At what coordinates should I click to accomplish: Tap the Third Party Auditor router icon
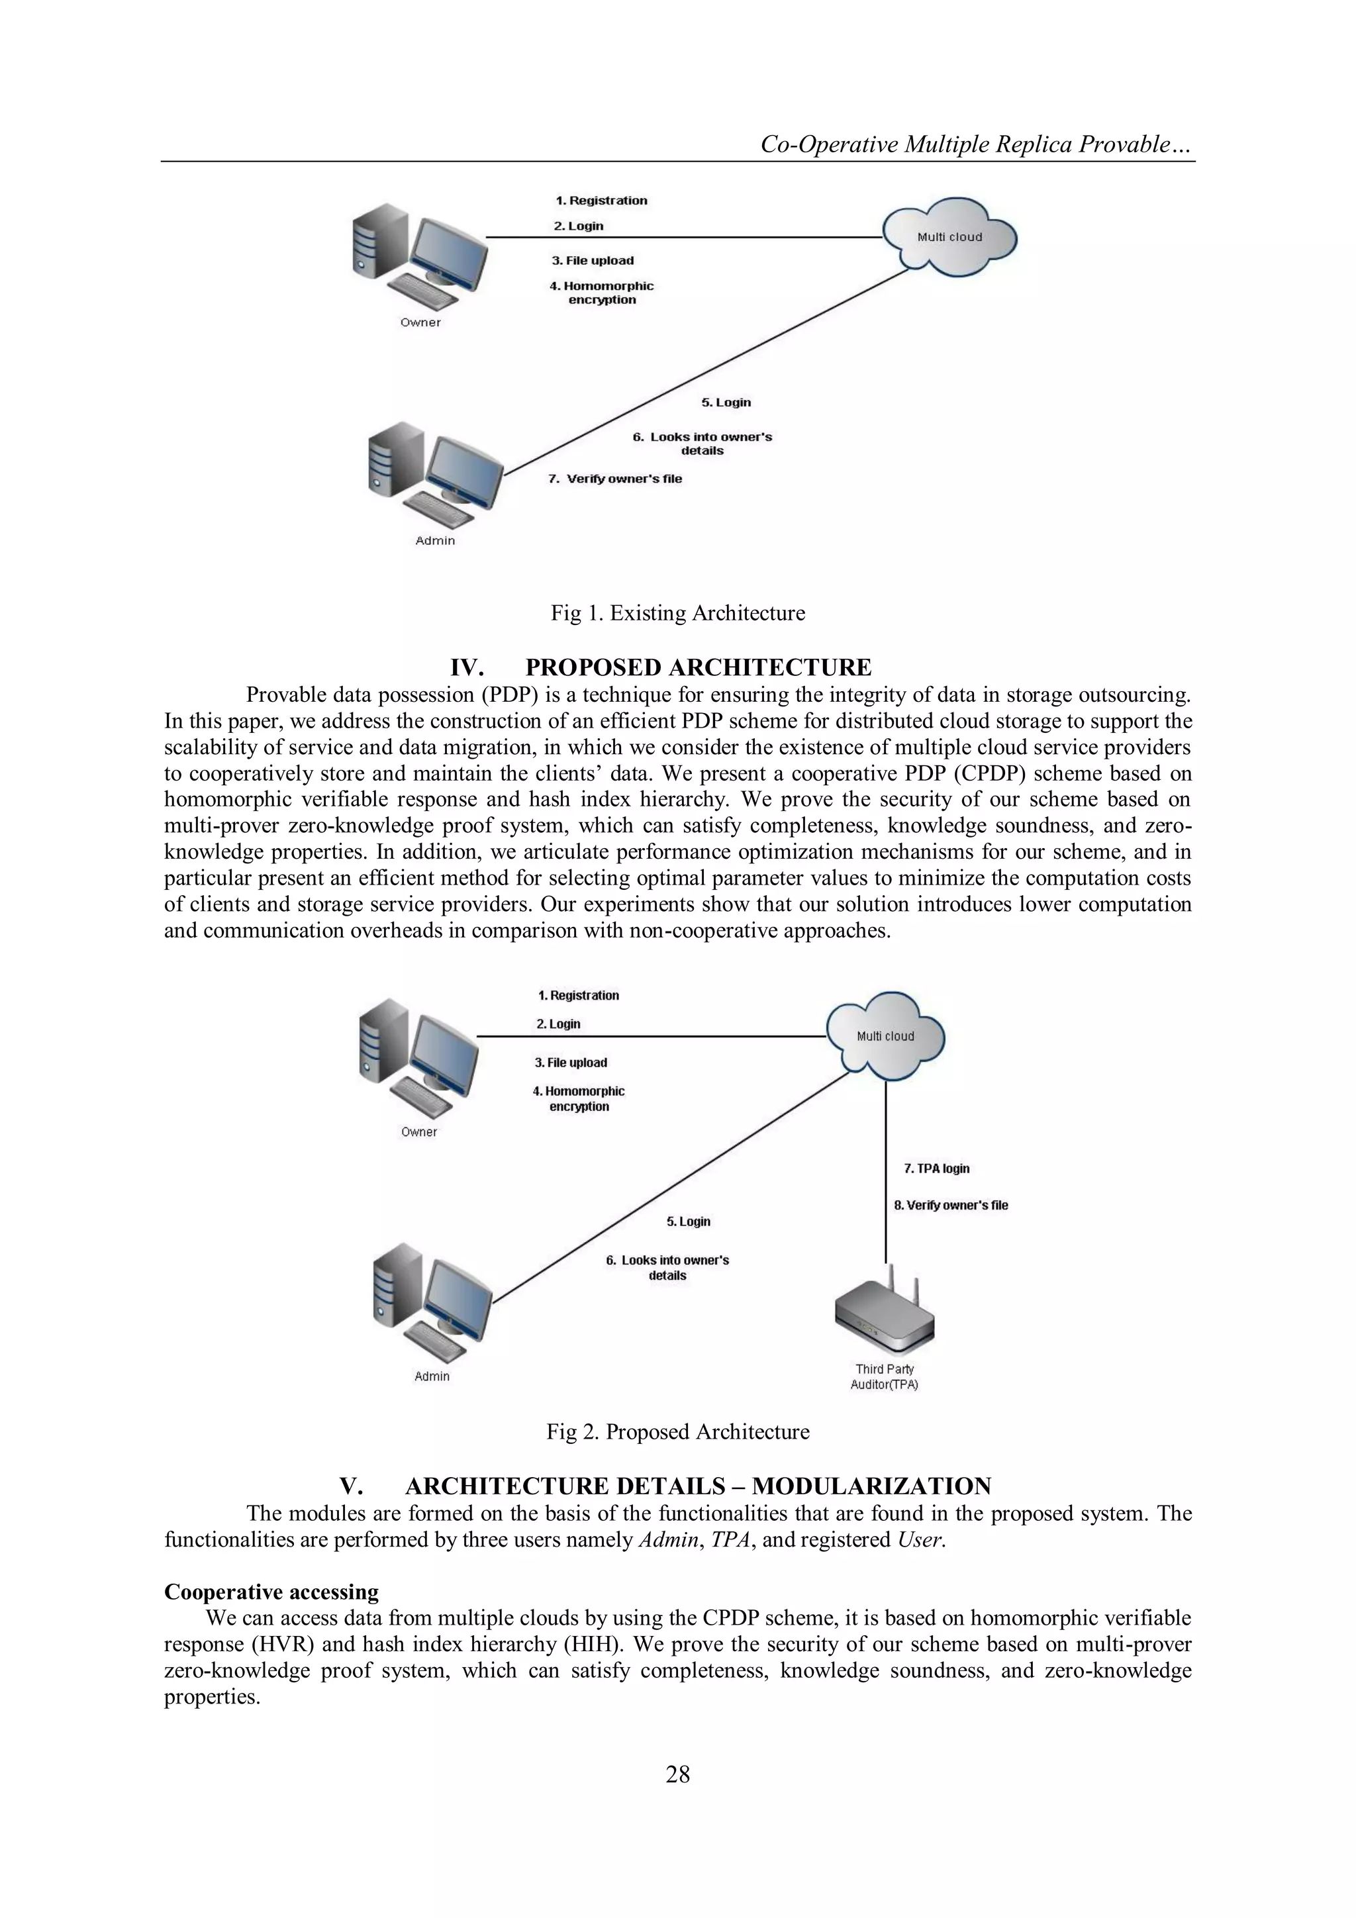point(885,1320)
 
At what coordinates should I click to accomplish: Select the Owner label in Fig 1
point(420,322)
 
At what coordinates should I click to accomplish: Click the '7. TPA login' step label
point(937,1169)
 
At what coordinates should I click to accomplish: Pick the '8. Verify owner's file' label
point(951,1204)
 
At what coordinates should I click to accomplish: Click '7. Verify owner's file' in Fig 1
point(615,479)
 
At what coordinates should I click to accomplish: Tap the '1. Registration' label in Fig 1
point(602,201)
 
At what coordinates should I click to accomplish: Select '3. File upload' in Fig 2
point(571,1063)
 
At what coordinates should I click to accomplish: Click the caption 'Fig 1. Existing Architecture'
point(677,613)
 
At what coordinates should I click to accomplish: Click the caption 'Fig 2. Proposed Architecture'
point(677,1432)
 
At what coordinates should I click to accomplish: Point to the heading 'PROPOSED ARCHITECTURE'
point(698,667)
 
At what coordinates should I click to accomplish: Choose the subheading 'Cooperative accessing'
point(271,1592)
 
